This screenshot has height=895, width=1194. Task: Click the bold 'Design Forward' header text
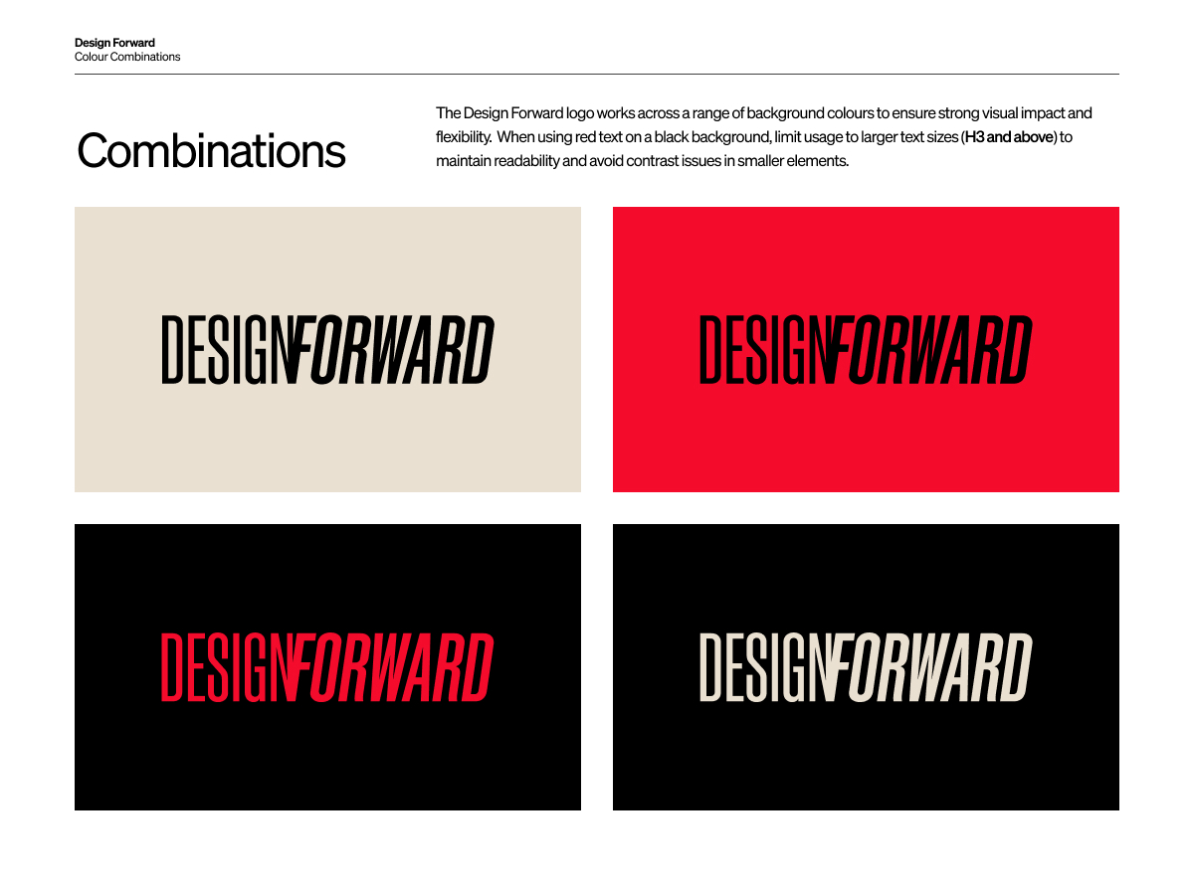114,43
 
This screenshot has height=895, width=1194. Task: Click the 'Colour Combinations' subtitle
127,57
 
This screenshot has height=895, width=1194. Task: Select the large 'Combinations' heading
212,150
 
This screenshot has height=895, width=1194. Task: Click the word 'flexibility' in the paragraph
464,137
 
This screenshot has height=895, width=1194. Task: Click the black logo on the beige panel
328,349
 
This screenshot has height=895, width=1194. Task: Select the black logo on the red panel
866,349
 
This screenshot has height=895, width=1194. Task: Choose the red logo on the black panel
327,666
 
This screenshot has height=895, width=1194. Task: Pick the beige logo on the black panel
866,666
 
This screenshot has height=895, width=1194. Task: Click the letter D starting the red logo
171,666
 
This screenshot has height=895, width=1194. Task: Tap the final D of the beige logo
1016,666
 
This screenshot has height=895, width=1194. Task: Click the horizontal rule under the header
597,74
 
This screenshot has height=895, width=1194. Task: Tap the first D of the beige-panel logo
172,349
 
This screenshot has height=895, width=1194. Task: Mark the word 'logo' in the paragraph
580,113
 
